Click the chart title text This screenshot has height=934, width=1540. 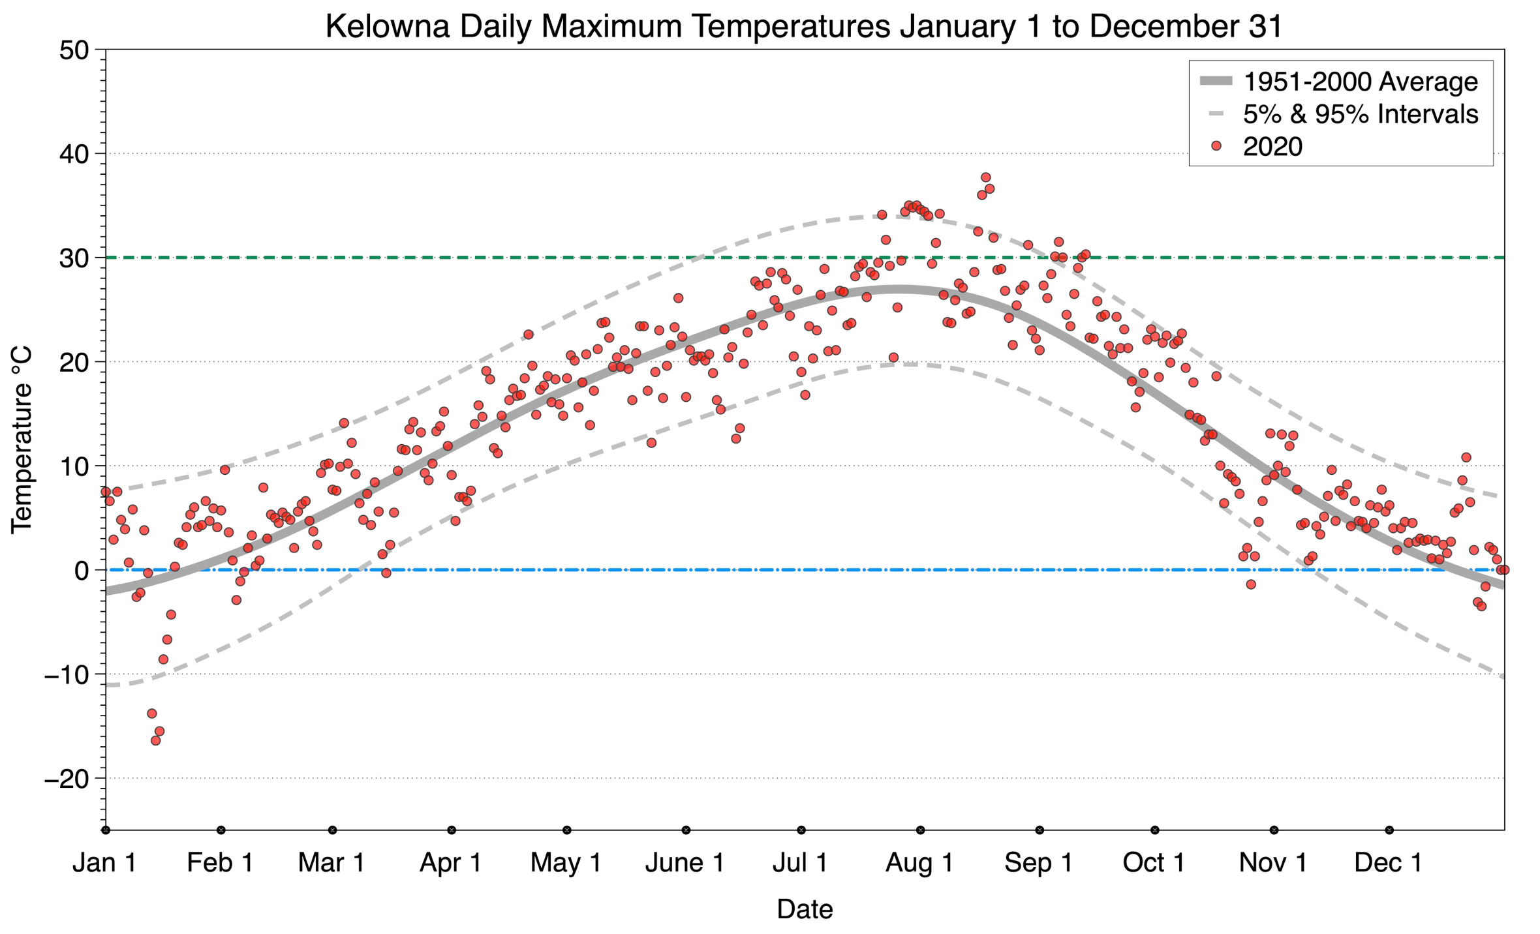pos(804,27)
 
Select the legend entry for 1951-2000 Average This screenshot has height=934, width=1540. pos(1360,82)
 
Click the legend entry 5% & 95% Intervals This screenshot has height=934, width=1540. pos(1360,114)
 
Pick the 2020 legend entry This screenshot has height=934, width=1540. pos(1272,147)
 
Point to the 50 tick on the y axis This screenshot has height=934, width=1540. pos(73,50)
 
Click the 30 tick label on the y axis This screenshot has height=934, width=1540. pos(73,258)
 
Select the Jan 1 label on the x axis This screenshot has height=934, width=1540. pos(104,863)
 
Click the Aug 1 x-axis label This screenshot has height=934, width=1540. pos(919,863)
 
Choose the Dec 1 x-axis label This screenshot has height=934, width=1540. pos(1389,863)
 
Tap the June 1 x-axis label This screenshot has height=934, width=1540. pos(685,863)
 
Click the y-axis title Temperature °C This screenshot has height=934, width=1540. pos(22,440)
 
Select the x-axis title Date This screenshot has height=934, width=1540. pos(805,909)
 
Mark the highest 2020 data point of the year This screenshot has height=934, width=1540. pos(985,177)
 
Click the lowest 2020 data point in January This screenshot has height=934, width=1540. pos(155,740)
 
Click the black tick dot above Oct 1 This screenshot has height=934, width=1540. pos(1155,830)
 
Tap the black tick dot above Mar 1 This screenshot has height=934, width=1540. pos(333,830)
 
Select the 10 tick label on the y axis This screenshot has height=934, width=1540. pos(73,466)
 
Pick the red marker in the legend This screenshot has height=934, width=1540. pos(1216,147)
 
